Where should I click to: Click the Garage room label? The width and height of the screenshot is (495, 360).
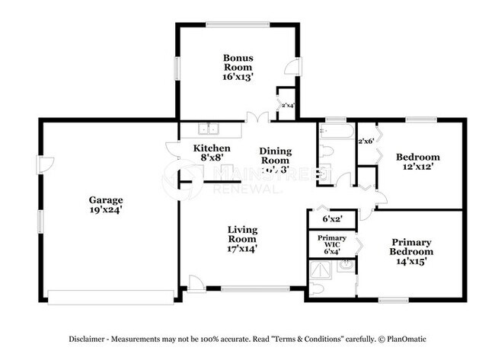tap(105, 199)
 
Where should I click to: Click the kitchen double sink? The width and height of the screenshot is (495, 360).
tap(209, 129)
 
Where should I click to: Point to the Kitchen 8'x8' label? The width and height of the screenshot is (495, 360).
tap(212, 153)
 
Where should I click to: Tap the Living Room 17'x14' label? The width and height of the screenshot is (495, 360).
tap(243, 239)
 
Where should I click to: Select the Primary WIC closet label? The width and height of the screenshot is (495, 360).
tap(331, 244)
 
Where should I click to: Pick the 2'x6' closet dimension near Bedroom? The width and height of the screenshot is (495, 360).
tap(366, 141)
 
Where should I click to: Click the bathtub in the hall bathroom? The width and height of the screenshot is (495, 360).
tap(336, 132)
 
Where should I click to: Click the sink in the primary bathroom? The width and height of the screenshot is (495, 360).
tap(346, 266)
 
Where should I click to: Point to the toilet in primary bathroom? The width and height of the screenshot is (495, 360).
tap(318, 288)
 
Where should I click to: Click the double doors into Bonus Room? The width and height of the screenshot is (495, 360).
tap(257, 117)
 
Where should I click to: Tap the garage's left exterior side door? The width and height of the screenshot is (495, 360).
tap(45, 164)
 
